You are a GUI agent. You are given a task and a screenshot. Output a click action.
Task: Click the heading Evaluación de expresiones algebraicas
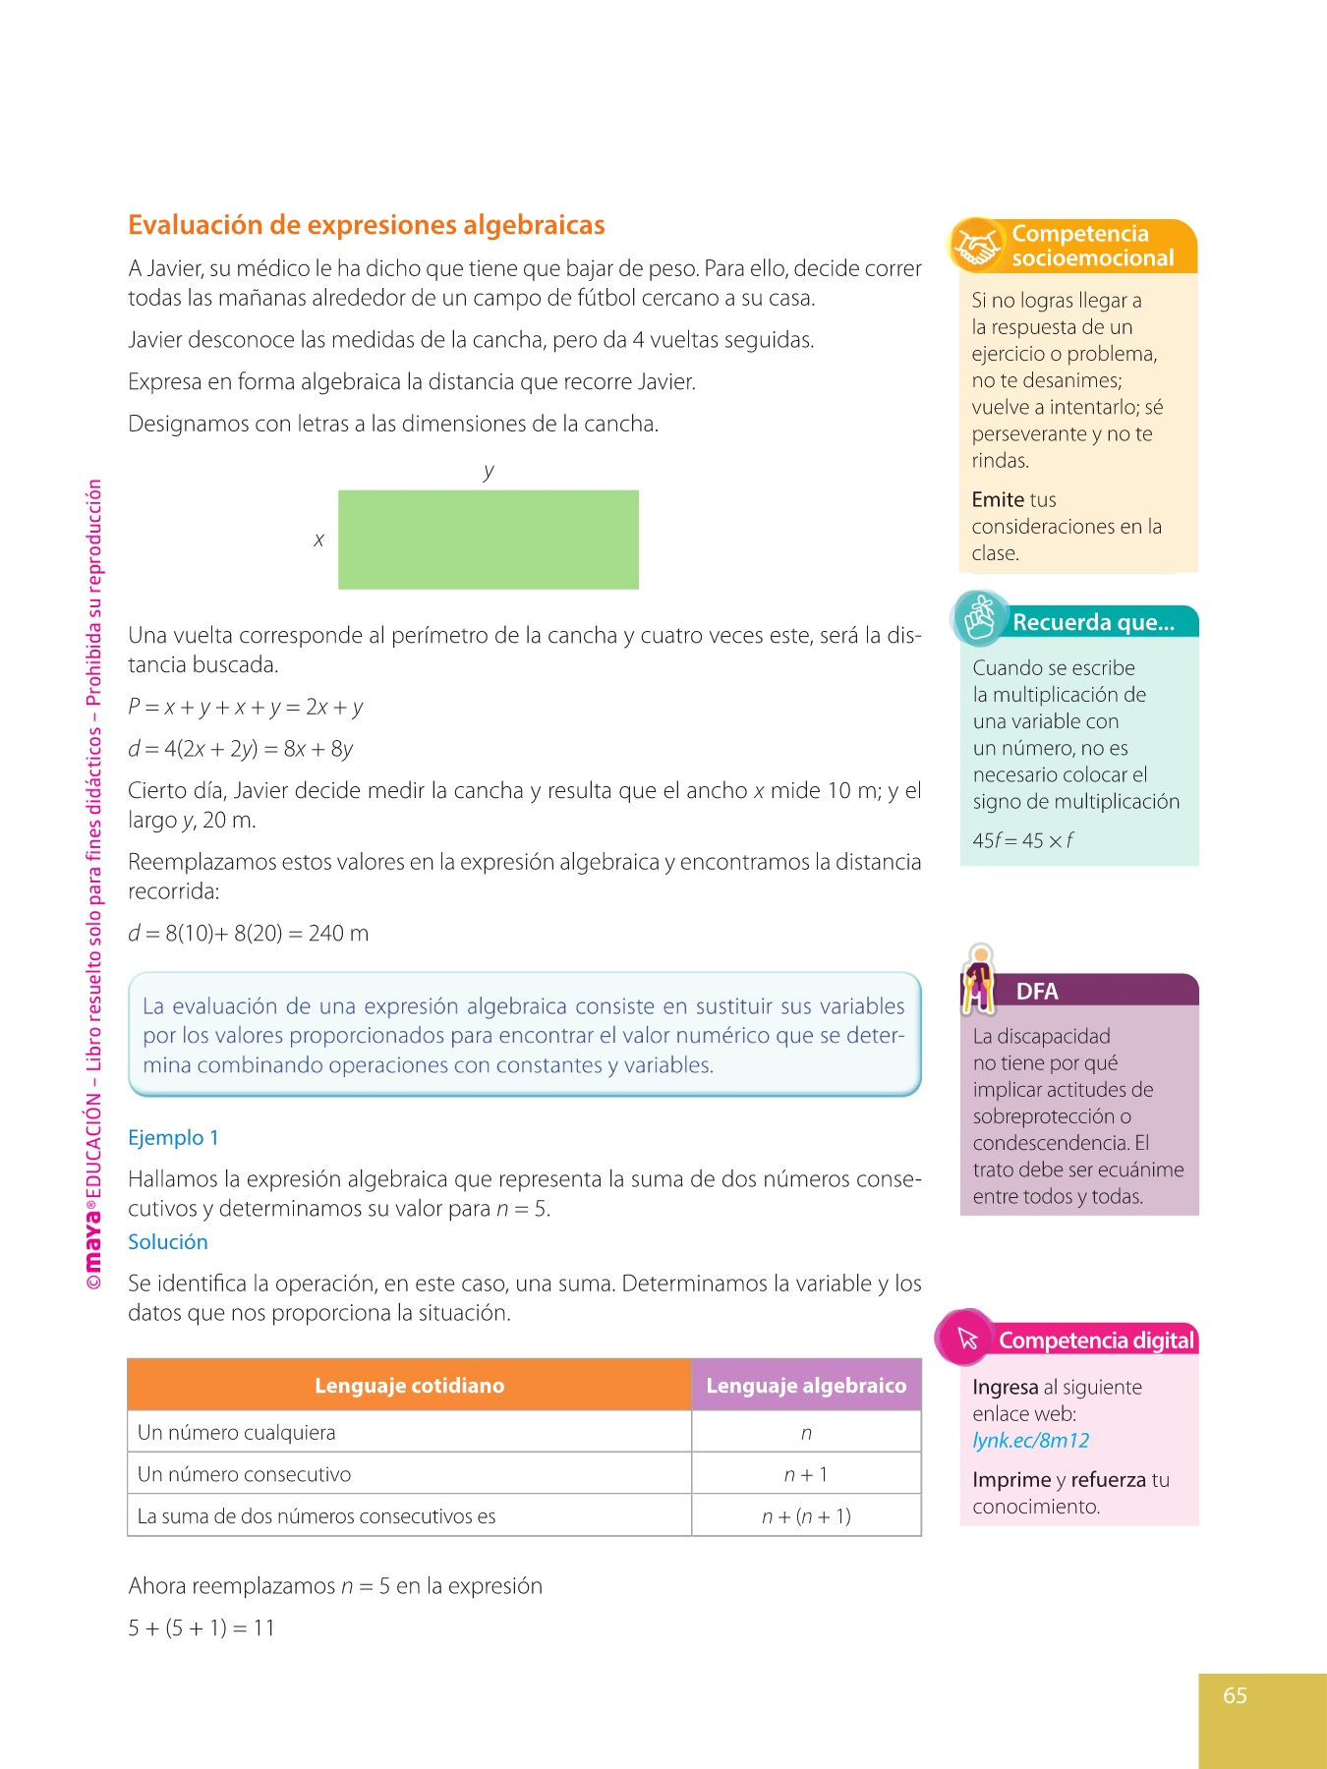pyautogui.click(x=366, y=225)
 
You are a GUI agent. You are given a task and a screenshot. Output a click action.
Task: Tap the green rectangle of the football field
pyautogui.click(x=488, y=540)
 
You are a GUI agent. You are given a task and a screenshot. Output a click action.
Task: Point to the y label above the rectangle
pyautogui.click(x=489, y=471)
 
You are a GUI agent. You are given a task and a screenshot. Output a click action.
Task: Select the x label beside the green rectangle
pyautogui.click(x=318, y=540)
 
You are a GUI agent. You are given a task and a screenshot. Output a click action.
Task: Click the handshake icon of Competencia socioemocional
pyautogui.click(x=976, y=245)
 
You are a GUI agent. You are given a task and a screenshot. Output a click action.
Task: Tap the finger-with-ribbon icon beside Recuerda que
pyautogui.click(x=980, y=618)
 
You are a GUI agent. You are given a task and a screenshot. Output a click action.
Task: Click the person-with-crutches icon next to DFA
pyautogui.click(x=979, y=979)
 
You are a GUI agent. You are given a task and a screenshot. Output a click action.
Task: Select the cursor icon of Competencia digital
pyautogui.click(x=967, y=1338)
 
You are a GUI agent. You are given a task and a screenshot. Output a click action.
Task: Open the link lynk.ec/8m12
pyautogui.click(x=1030, y=1441)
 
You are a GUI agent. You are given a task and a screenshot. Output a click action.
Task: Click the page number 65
pyautogui.click(x=1235, y=1695)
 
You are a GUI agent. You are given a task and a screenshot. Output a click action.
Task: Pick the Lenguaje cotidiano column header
pyautogui.click(x=409, y=1386)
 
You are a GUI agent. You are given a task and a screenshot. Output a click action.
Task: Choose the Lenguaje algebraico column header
pyautogui.click(x=806, y=1386)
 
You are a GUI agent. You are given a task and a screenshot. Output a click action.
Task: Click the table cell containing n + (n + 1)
pyautogui.click(x=806, y=1516)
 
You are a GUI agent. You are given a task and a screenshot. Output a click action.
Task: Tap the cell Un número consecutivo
pyautogui.click(x=244, y=1474)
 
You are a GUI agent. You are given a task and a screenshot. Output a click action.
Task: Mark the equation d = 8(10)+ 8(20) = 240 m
pyautogui.click(x=248, y=934)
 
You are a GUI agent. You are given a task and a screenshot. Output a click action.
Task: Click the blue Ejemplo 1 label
pyautogui.click(x=173, y=1138)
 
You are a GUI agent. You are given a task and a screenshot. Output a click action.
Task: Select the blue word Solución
pyautogui.click(x=168, y=1242)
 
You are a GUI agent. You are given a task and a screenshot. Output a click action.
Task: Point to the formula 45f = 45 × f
pyautogui.click(x=1022, y=840)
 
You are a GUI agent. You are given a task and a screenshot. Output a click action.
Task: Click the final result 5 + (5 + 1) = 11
pyautogui.click(x=202, y=1628)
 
